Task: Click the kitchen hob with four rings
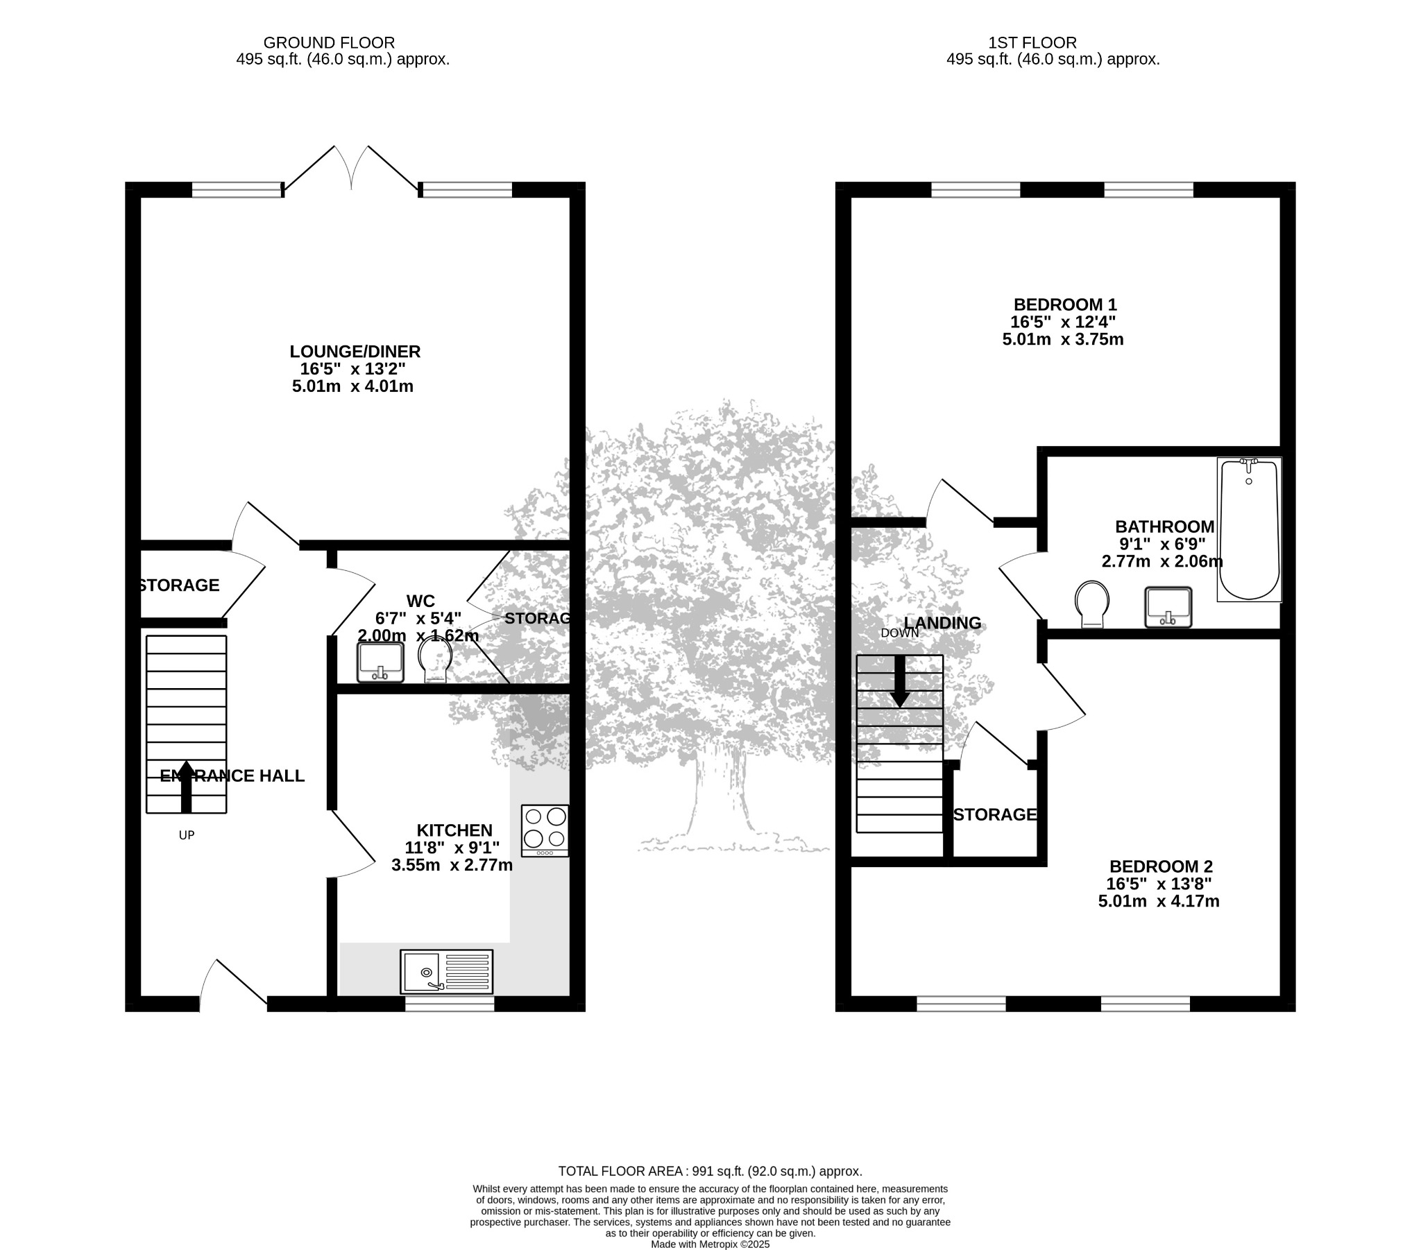click(x=545, y=830)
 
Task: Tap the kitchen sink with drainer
click(x=446, y=971)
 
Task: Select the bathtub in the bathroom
click(x=1249, y=529)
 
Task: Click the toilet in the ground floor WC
click(x=436, y=660)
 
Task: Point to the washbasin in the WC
click(x=380, y=662)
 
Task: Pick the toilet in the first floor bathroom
click(x=1092, y=603)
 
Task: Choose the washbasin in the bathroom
click(x=1168, y=606)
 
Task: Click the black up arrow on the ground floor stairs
click(x=187, y=787)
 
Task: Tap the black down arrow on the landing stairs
click(x=901, y=682)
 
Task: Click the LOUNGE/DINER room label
click(x=355, y=352)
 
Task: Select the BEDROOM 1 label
click(x=1065, y=305)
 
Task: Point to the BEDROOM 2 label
click(x=1161, y=866)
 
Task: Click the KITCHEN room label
click(x=454, y=830)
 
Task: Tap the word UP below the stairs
click(x=187, y=835)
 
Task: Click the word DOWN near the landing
click(x=900, y=633)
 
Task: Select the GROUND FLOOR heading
click(x=329, y=43)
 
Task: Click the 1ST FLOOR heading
click(x=1032, y=43)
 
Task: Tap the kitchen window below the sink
click(x=450, y=1003)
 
